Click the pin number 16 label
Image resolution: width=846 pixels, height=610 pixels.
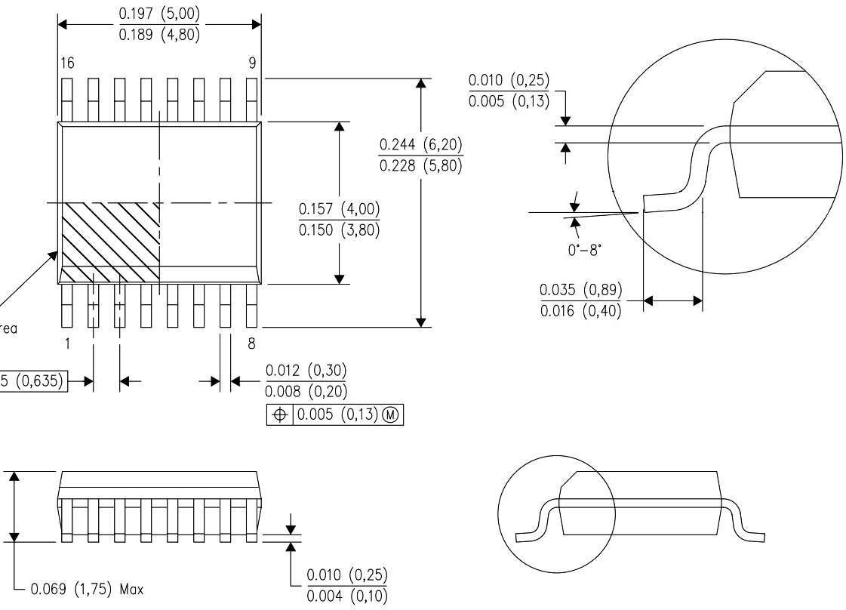[68, 63]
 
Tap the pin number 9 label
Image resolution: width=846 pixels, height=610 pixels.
[252, 63]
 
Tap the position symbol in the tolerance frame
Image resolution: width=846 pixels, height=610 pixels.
[281, 417]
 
